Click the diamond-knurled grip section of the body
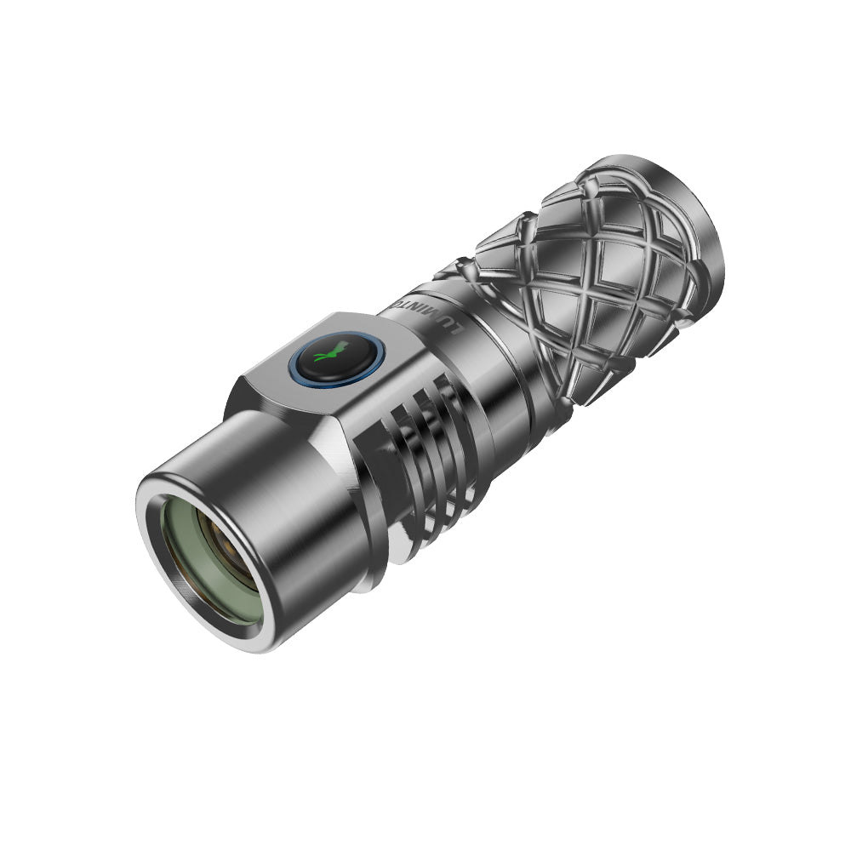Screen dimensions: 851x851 pyautogui.click(x=587, y=281)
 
